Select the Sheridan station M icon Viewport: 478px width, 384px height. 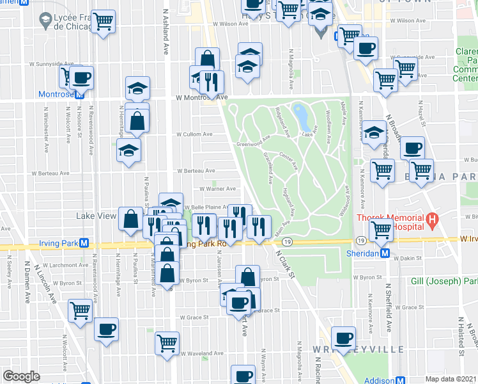[385, 253]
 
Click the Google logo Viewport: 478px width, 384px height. [21, 376]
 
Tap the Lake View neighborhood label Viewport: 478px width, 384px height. [96, 216]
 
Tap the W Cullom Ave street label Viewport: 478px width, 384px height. [194, 134]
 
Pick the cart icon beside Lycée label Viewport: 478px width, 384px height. [103, 21]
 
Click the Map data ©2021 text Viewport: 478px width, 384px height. [451, 379]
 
